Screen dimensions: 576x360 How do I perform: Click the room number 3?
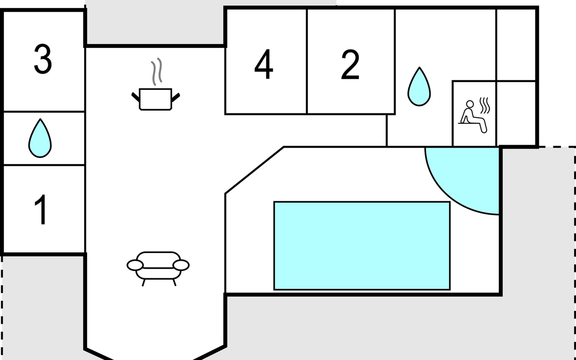pos(43,59)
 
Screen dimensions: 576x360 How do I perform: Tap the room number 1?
pos(41,209)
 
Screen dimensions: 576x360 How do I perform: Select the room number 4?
pos(264,64)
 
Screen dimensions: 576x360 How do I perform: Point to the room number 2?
pos(350,64)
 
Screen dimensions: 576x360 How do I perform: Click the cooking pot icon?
pos(155,99)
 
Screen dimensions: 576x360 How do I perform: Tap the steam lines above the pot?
pos(157,71)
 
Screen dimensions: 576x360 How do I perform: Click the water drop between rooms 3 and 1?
pos(40,138)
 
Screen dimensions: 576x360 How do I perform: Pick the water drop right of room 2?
pos(419,87)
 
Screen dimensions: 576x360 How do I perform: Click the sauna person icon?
pos(472,116)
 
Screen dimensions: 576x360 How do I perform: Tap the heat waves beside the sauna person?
pos(485,106)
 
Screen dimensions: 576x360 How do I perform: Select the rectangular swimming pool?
pos(362,246)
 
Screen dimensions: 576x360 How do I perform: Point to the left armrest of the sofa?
pos(135,265)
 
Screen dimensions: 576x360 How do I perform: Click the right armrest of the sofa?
pos(181,265)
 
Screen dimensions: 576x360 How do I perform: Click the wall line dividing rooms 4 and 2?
pos(307,61)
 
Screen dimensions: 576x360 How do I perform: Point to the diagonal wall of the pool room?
pos(254,170)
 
